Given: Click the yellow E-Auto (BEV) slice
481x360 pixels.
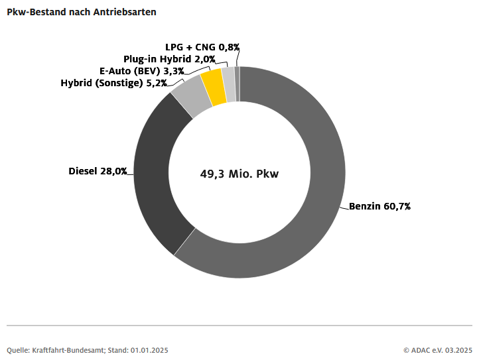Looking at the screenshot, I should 214,87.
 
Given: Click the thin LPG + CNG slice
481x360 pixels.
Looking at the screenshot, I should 238,84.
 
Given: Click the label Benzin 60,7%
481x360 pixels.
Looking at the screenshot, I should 380,206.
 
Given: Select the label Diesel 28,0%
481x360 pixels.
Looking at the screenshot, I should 98,171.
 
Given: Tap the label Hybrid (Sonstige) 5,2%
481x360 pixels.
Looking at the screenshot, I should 113,83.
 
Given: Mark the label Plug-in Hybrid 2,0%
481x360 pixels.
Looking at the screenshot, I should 169,59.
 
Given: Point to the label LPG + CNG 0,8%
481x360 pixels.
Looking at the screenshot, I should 202,47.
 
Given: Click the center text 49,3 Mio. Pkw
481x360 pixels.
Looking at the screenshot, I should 240,175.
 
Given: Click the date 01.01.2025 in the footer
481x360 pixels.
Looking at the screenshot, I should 149,349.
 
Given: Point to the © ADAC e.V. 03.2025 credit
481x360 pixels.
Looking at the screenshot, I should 437,349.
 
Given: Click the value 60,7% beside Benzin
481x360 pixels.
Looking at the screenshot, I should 397,206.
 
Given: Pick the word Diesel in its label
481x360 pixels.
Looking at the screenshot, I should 83,171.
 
